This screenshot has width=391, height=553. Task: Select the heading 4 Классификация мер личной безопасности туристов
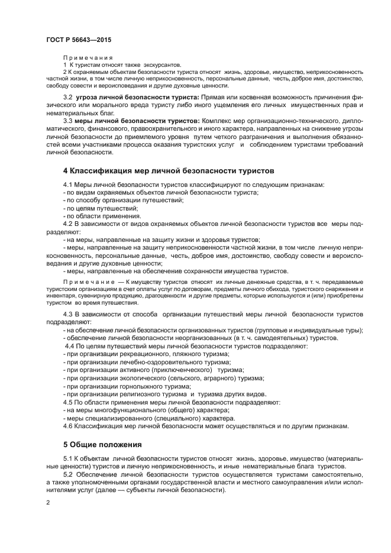pyautogui.click(x=169, y=171)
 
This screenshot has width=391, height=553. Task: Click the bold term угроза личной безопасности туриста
pyautogui.click(x=137, y=96)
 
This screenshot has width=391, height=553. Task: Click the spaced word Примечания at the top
pyautogui.click(x=88, y=57)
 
